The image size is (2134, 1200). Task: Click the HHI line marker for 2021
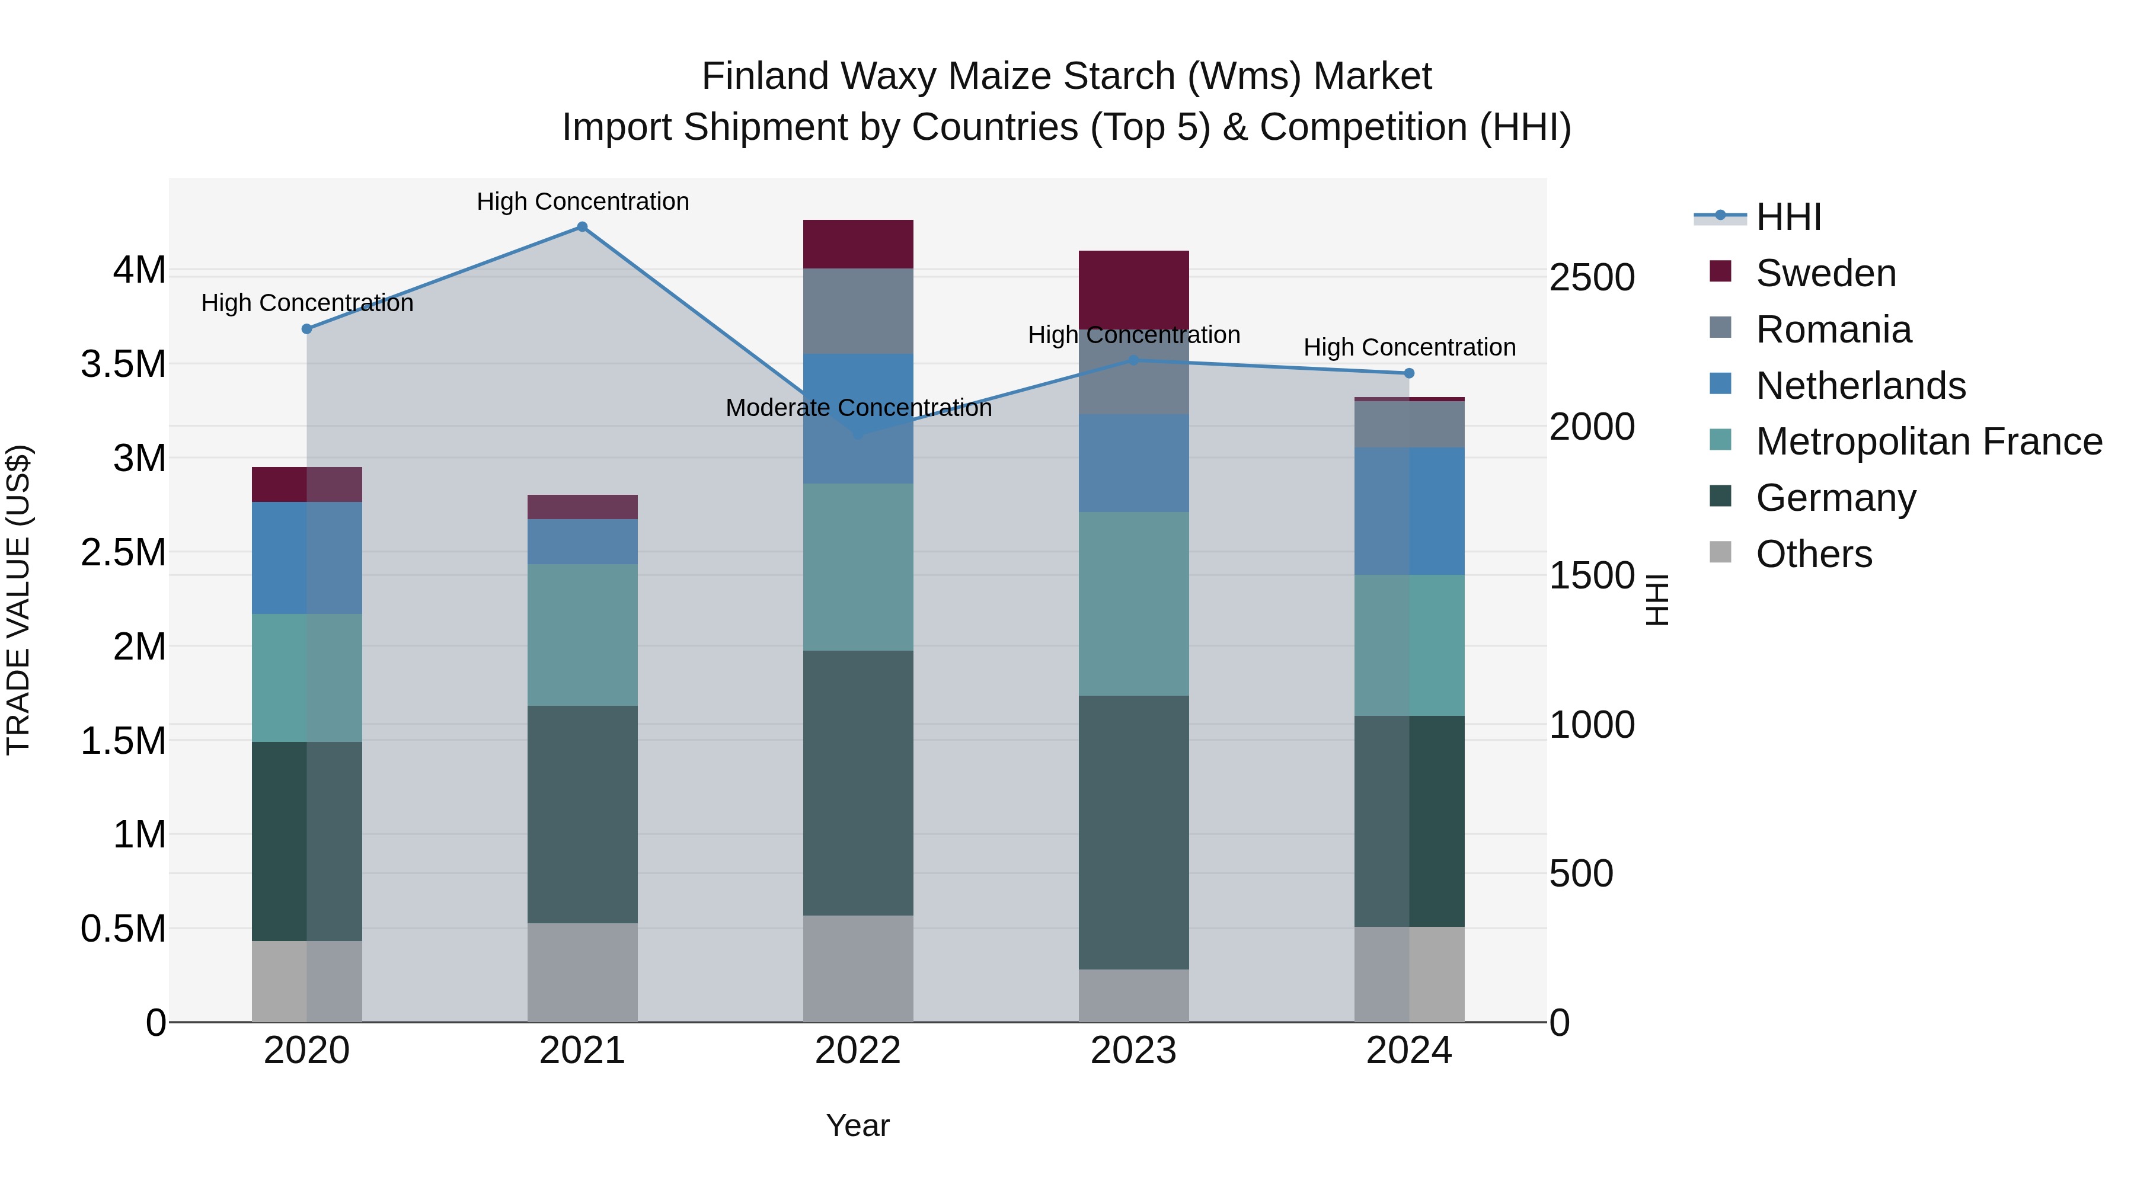582,227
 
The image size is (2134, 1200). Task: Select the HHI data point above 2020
306,329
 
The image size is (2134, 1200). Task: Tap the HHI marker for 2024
1409,373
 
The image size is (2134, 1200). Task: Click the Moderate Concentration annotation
858,408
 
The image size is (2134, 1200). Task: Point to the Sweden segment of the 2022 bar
858,244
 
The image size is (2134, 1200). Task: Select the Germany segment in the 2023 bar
1133,833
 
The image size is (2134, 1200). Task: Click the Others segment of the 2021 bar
582,972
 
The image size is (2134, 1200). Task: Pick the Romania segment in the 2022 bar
858,311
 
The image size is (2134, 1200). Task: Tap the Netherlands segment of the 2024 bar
1409,511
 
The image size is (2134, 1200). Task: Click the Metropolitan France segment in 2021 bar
582,635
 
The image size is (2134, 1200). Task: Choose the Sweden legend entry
1825,273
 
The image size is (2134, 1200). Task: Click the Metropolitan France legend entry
1928,441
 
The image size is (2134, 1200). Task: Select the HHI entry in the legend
1788,217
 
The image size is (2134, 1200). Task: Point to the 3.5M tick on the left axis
123,364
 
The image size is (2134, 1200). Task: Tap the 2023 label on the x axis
1133,1051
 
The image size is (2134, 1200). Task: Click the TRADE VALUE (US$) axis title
18,600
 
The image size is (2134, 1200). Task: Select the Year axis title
857,1125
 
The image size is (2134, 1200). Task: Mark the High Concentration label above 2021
582,201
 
